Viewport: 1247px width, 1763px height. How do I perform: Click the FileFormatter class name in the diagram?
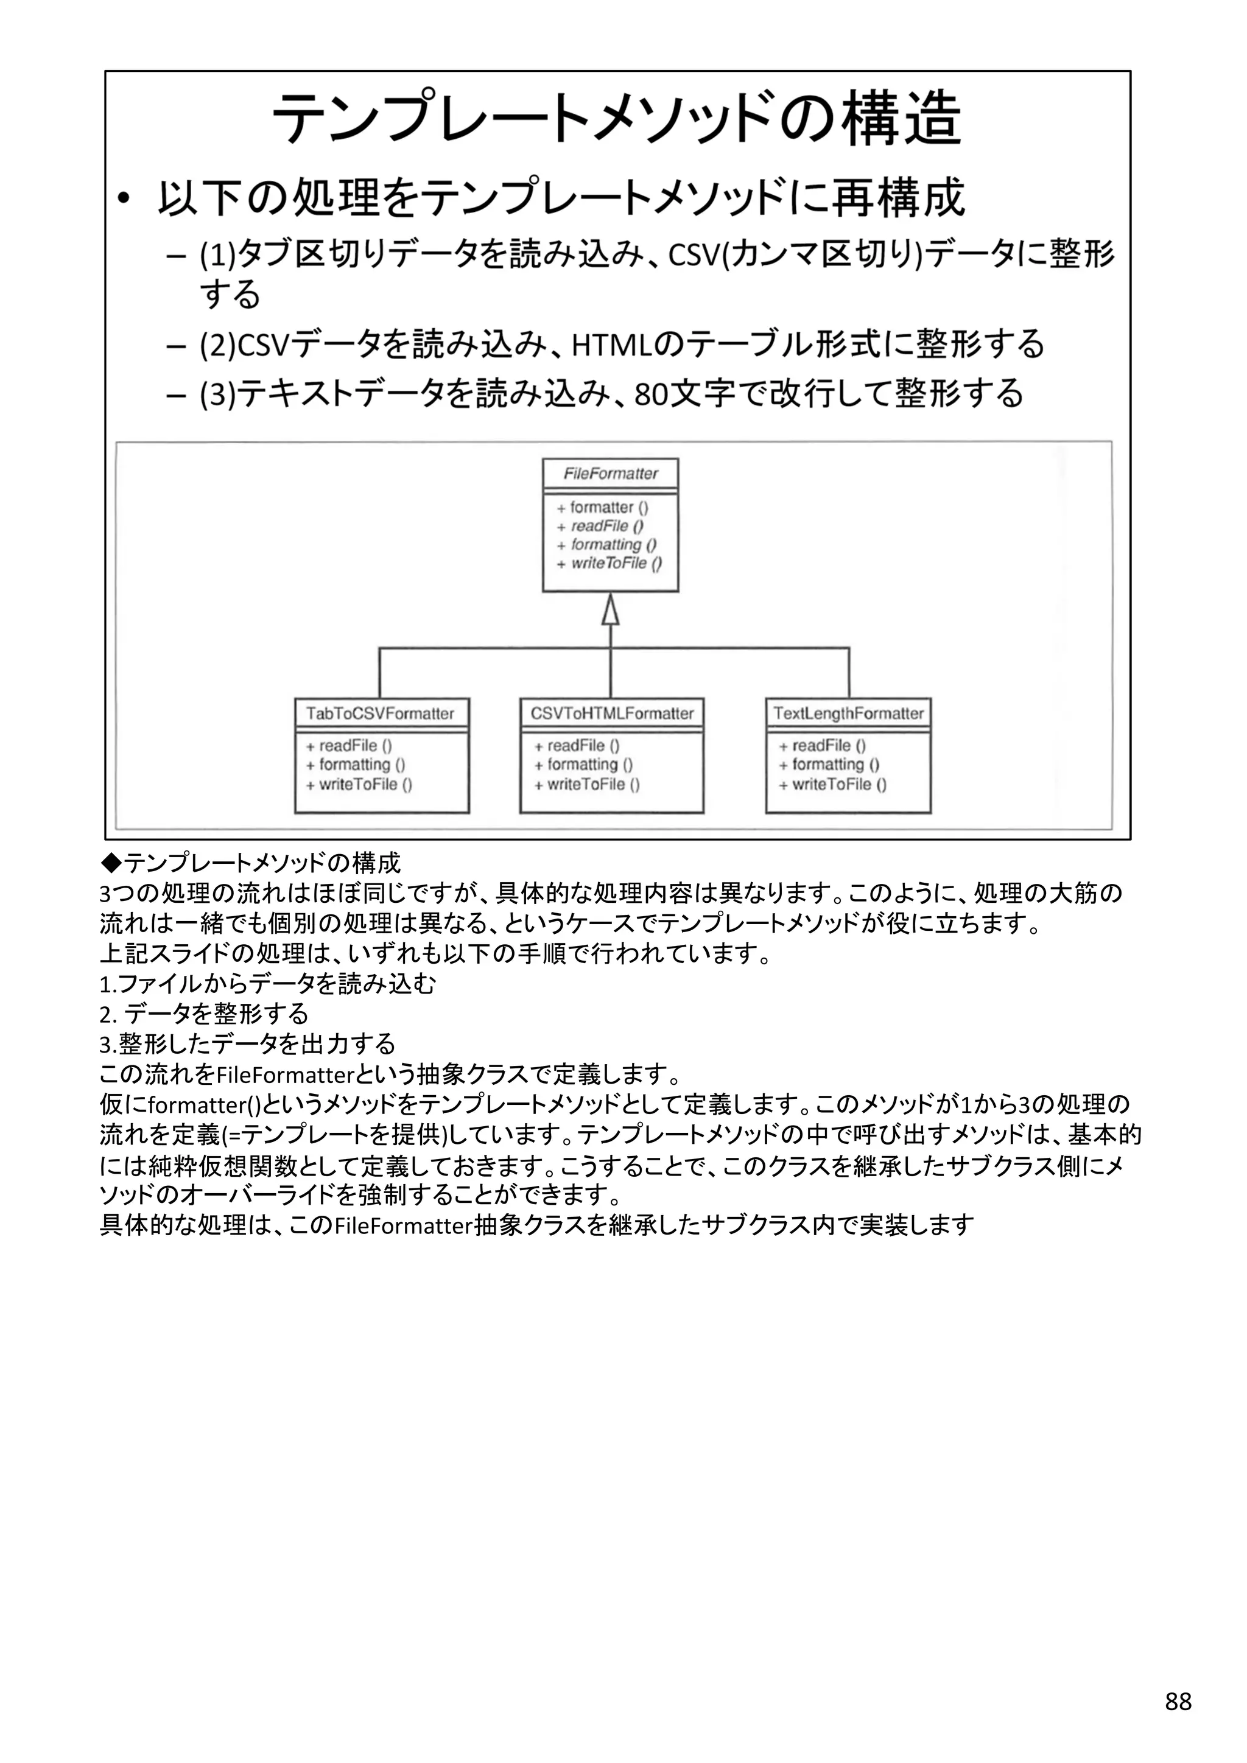611,474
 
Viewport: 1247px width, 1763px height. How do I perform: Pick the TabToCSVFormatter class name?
380,714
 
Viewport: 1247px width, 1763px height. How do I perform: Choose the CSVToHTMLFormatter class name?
612,714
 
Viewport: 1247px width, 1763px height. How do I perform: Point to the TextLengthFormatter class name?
848,714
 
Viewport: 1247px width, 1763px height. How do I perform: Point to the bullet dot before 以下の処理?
125,200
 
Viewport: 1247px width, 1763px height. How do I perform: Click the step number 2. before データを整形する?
108,1014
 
